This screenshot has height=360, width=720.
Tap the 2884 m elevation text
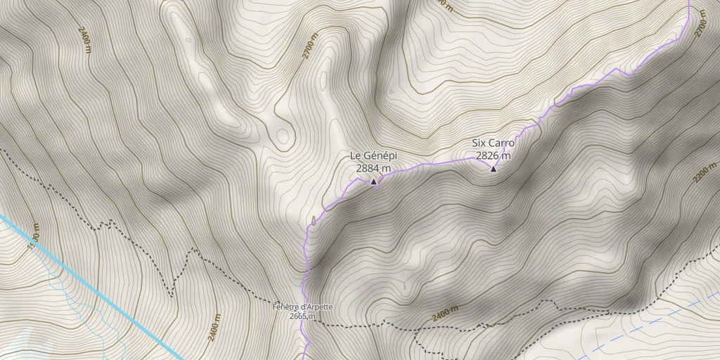(373, 169)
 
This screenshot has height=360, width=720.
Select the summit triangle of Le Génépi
(373, 181)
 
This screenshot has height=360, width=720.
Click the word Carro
(502, 143)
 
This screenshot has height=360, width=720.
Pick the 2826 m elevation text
(493, 155)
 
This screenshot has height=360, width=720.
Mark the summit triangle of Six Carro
(493, 169)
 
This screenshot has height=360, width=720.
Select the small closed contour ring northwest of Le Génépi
(283, 134)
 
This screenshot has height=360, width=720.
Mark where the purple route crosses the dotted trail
(307, 325)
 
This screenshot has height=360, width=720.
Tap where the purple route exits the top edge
(689, 2)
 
